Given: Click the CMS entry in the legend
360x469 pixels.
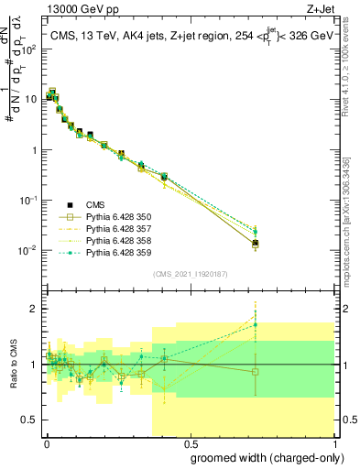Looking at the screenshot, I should [x=95, y=204].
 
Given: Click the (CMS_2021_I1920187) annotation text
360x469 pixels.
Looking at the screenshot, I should [x=190, y=274].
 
